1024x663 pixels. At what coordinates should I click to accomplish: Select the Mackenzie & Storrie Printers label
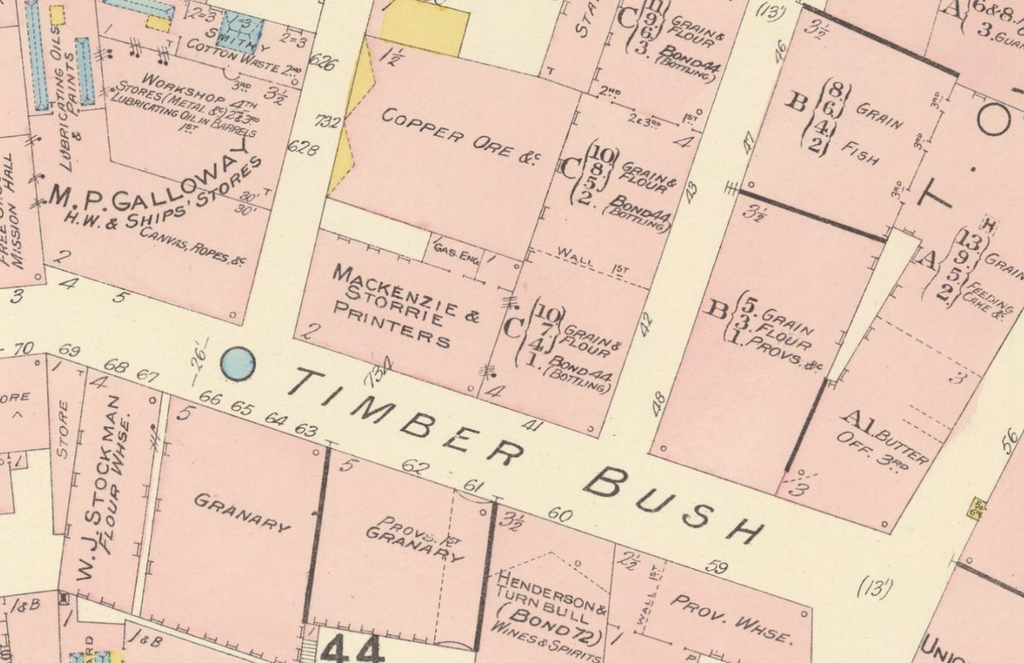click(393, 305)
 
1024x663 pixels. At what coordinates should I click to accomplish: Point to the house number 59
click(717, 567)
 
